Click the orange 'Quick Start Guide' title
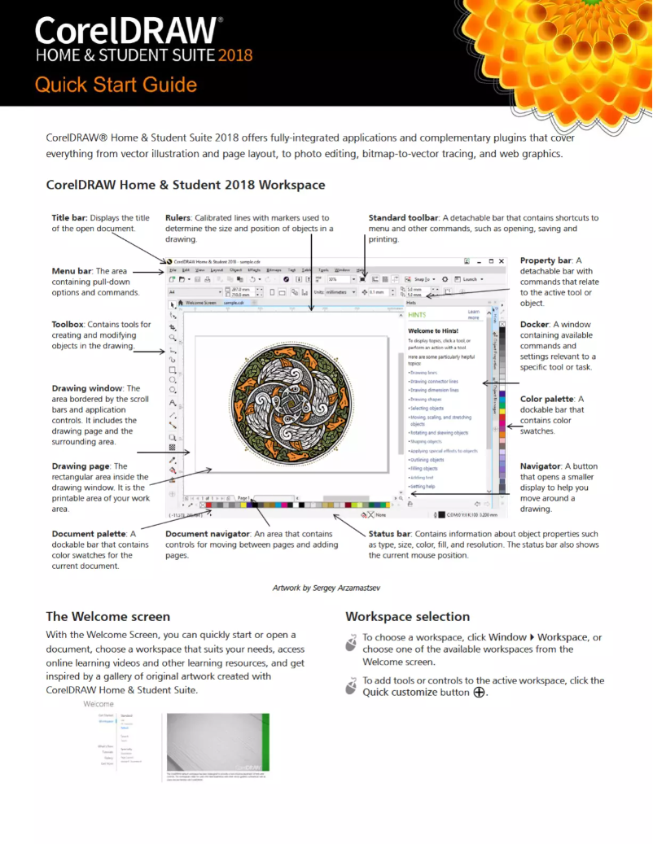point(116,85)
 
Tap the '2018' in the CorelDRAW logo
point(234,55)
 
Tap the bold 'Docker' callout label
point(535,325)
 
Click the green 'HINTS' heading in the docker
point(418,314)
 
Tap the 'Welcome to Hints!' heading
point(432,330)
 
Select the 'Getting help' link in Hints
point(423,487)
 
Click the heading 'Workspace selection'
point(407,617)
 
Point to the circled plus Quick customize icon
point(479,693)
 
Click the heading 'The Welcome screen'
point(107,617)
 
